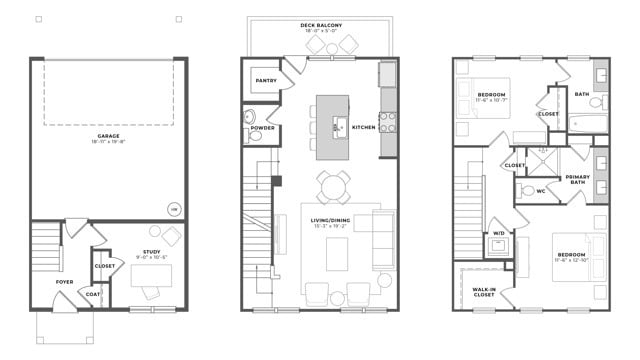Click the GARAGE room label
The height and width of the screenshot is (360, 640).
(x=108, y=135)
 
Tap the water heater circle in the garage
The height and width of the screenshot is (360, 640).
(x=173, y=209)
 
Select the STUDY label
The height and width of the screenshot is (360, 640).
(x=151, y=252)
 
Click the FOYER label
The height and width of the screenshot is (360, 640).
(x=65, y=282)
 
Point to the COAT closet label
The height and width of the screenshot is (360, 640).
(x=93, y=294)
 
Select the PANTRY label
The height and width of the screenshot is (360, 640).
(x=266, y=81)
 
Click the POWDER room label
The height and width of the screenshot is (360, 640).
(x=263, y=128)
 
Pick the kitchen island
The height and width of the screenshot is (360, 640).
(x=333, y=127)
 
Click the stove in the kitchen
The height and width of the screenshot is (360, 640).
(x=387, y=122)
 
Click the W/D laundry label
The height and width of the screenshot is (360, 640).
(x=498, y=235)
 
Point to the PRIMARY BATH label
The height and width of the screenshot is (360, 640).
(x=578, y=179)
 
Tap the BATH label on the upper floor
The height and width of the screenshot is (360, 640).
(x=582, y=94)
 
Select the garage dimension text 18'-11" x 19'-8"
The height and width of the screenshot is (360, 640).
(x=108, y=143)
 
